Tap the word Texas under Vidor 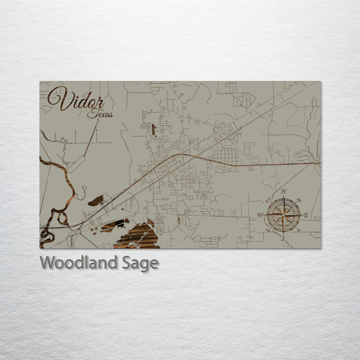point(100,114)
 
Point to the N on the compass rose point(283,191)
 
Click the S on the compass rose point(283,238)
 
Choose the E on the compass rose point(306,215)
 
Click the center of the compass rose point(283,215)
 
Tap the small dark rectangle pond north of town point(153,130)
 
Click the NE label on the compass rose point(298,200)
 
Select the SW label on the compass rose point(268,230)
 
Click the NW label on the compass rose point(268,200)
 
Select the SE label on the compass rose point(298,230)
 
